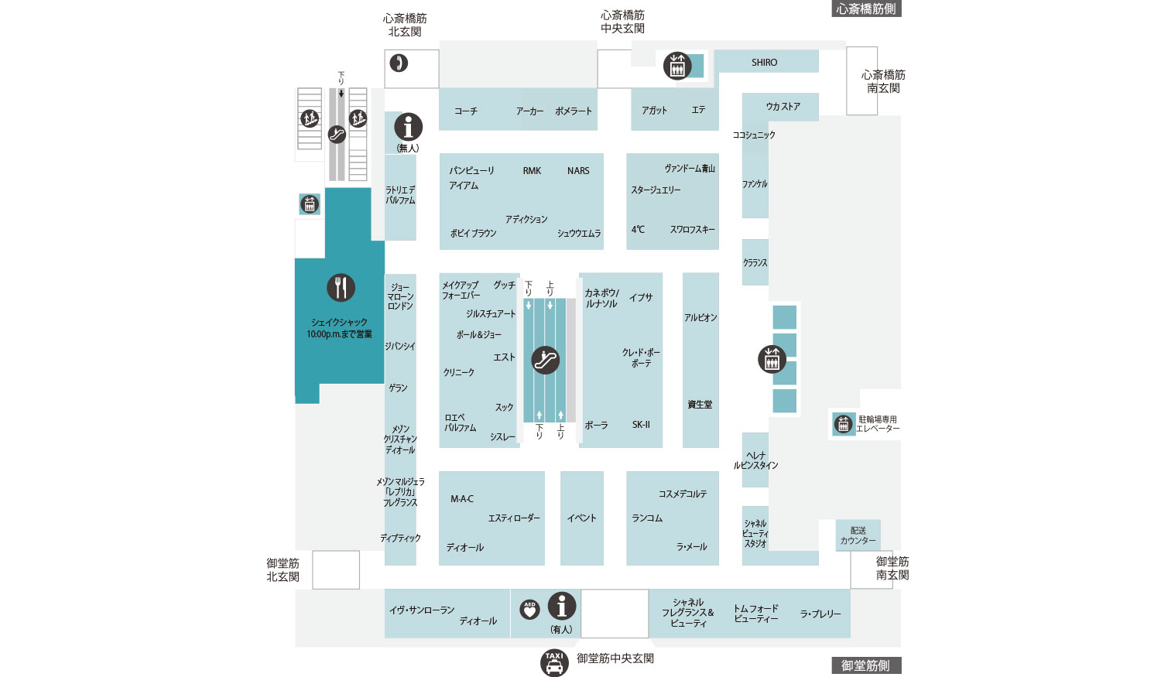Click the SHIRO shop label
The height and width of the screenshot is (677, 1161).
click(764, 62)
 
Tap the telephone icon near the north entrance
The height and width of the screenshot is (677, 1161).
click(399, 63)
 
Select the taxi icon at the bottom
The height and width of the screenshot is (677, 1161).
click(554, 662)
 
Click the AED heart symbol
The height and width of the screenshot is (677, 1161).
click(529, 610)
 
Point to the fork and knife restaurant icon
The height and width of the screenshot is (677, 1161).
click(341, 288)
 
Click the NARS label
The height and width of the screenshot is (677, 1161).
click(578, 171)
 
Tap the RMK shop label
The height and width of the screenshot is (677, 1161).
click(532, 171)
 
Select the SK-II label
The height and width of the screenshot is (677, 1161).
click(641, 425)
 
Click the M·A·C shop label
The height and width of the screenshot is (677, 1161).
click(462, 499)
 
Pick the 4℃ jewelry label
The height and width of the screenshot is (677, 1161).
click(638, 230)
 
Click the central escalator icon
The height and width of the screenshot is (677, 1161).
click(545, 360)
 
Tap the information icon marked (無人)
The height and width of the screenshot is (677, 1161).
click(409, 127)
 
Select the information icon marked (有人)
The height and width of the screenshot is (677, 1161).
click(562, 606)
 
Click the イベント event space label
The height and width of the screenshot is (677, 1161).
click(581, 518)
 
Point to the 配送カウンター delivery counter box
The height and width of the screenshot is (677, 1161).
click(858, 535)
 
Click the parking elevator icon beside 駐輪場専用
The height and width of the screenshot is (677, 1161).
click(843, 424)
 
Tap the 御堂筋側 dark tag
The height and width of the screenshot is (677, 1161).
click(865, 665)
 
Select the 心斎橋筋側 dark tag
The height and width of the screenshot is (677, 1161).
click(866, 9)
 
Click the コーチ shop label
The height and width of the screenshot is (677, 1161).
click(465, 111)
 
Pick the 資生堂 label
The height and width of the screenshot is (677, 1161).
click(700, 405)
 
